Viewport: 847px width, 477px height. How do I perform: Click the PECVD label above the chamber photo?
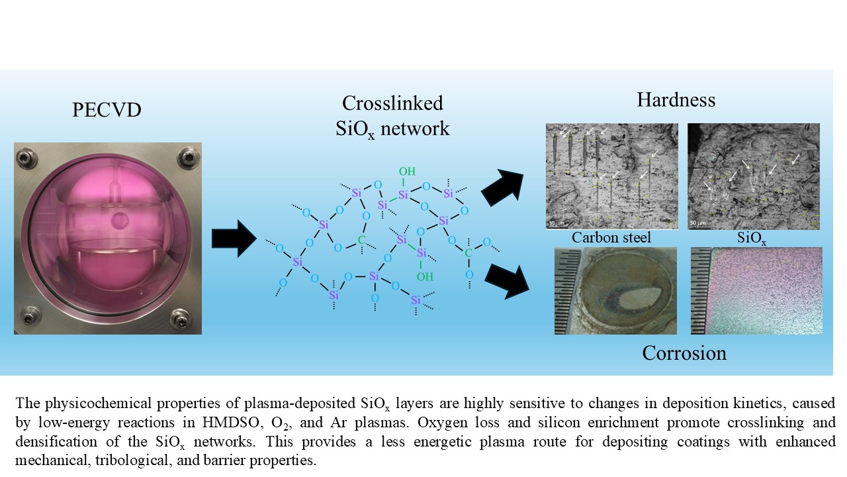(x=107, y=110)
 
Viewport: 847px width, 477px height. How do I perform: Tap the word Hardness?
(x=676, y=100)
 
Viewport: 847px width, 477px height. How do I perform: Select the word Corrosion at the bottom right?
(x=684, y=352)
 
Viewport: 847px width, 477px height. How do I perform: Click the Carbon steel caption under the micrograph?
(x=611, y=237)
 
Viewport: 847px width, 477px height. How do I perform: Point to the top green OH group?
(x=407, y=172)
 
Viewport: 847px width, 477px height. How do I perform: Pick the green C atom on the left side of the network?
(x=362, y=239)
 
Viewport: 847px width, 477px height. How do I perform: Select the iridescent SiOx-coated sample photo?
(x=756, y=290)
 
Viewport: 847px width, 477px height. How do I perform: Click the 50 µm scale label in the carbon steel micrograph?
(x=554, y=223)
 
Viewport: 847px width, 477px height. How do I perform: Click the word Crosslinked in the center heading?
(x=392, y=103)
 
